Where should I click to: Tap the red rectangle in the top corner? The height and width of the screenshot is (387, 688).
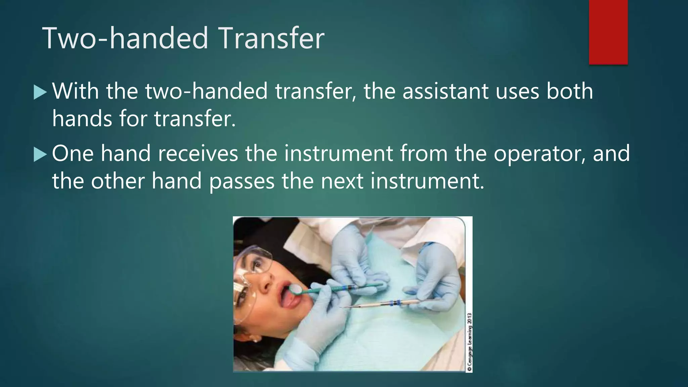pyautogui.click(x=608, y=32)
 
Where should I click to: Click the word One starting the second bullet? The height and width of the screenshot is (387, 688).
pyautogui.click(x=73, y=154)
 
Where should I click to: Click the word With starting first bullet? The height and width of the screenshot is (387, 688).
pyautogui.click(x=76, y=91)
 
